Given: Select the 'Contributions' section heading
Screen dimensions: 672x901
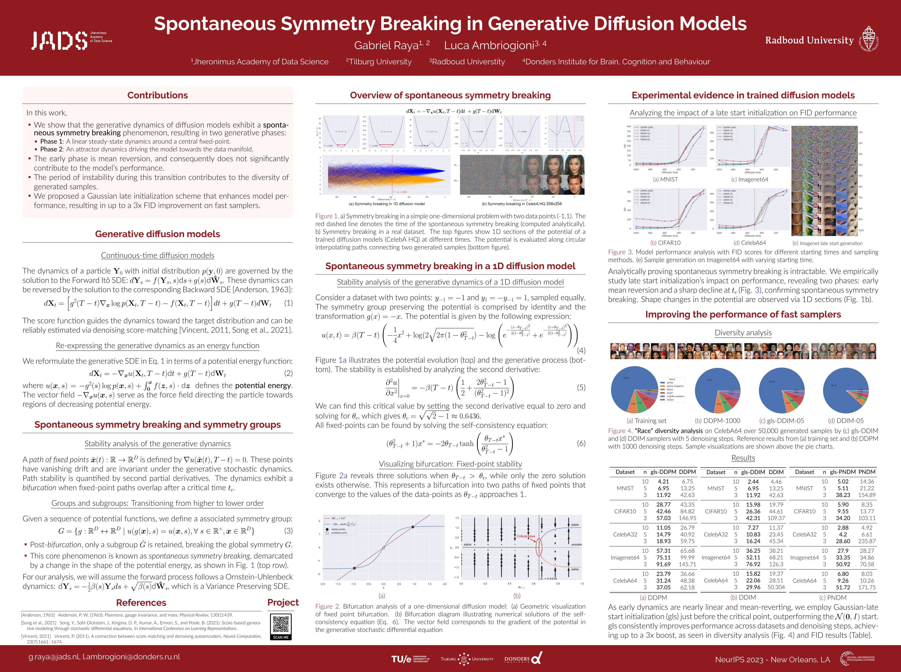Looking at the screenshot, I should [x=157, y=95].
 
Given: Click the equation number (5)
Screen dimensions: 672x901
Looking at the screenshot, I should [x=581, y=387].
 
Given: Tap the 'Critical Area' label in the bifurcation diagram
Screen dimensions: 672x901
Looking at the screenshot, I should [x=526, y=536].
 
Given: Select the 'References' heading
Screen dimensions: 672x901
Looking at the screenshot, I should [x=141, y=602].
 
